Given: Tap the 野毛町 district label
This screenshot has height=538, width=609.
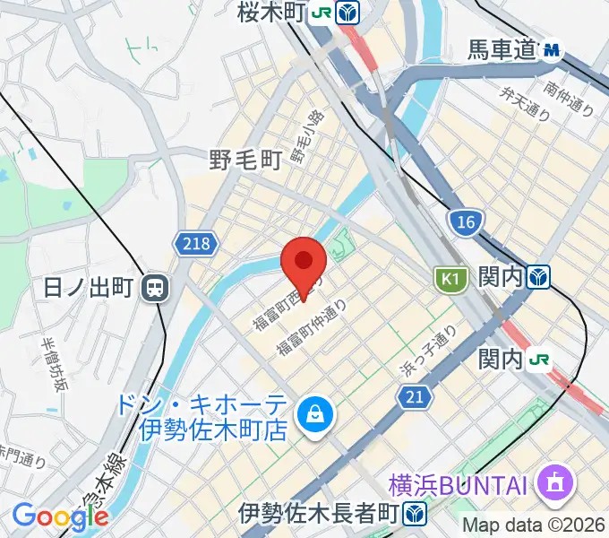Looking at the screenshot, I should point(246,160).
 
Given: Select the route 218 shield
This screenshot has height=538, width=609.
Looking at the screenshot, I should point(191,243).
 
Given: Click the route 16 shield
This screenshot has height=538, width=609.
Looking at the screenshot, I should point(467,221).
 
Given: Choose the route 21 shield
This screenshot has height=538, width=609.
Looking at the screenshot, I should point(413,395).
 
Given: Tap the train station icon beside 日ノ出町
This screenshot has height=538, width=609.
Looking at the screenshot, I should point(157,287).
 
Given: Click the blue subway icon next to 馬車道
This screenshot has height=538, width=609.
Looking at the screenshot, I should point(552,50).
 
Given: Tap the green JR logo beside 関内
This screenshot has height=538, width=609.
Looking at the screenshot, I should point(539,359).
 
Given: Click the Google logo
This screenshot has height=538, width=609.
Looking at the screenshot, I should point(60,516).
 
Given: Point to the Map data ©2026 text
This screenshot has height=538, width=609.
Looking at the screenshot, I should point(534,526).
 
